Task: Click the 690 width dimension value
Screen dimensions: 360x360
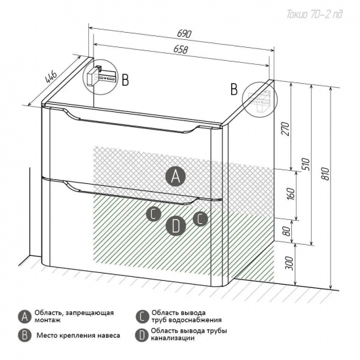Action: coord(184,34)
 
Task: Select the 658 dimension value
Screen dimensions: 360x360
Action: coord(181,49)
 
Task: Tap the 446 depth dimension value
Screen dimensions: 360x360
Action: coord(51,77)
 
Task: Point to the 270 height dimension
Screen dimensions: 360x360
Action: coord(285,129)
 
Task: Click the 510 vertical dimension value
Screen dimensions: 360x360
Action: coord(306,164)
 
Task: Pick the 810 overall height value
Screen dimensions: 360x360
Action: coord(325,173)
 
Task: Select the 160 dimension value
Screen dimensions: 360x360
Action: coord(291,194)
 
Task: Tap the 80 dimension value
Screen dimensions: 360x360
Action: coord(287,231)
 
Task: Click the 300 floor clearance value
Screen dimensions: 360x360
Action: coord(289,263)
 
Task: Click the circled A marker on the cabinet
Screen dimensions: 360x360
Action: coord(175,176)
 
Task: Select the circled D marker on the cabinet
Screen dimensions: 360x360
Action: coord(175,226)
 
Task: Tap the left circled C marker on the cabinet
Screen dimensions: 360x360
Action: coord(154,214)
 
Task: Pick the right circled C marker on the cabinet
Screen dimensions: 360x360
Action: coord(200,219)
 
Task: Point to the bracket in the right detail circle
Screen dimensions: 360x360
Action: coord(260,100)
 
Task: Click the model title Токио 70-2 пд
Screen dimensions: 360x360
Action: coord(314,14)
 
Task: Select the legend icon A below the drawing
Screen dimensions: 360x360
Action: coord(25,317)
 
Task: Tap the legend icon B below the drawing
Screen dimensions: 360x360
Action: coord(25,335)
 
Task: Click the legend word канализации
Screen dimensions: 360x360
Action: coord(173,338)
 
